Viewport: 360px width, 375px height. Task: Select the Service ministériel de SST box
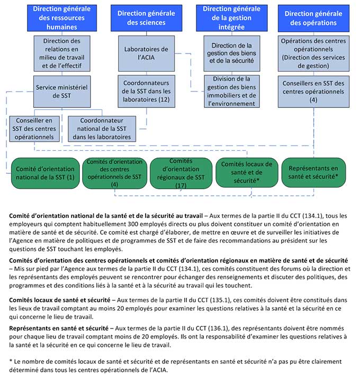click(61, 90)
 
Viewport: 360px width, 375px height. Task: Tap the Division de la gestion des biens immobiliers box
click(231, 91)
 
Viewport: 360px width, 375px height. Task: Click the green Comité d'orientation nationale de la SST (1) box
click(44, 172)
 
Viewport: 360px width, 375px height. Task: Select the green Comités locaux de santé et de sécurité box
click(246, 172)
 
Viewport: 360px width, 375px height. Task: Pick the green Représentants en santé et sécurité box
click(313, 172)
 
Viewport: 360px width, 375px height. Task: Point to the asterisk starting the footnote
click(11, 361)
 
